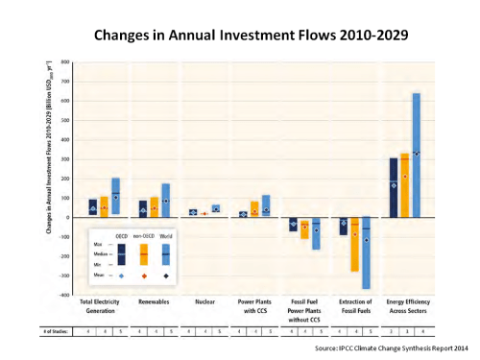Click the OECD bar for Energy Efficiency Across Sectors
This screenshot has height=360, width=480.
pos(394,187)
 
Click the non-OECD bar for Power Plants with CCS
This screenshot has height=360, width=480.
pos(254,208)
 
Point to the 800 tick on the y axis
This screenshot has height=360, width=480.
pos(64,62)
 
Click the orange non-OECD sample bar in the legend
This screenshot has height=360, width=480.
pos(144,253)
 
